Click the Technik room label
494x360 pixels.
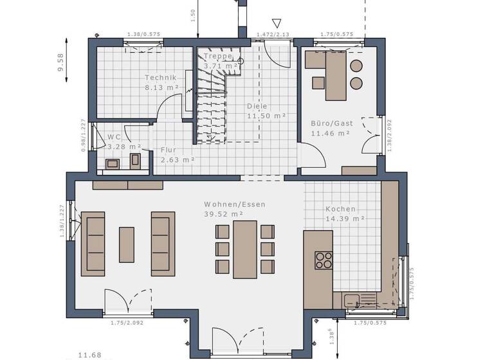tap(160, 78)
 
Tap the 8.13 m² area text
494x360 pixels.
tap(161, 87)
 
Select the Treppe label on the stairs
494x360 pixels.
tap(218, 57)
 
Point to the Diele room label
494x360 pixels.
tap(257, 107)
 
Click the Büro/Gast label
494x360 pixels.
tap(332, 123)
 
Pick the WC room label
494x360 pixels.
tap(114, 137)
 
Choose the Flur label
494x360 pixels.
tap(169, 150)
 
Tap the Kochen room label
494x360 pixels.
tap(340, 209)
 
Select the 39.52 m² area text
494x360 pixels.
tap(224, 214)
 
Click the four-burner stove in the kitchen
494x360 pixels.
tap(323, 260)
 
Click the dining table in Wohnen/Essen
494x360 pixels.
tap(244, 249)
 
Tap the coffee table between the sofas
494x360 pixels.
tap(127, 244)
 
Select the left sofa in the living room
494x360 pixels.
tap(93, 244)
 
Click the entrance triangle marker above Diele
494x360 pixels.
tap(277, 23)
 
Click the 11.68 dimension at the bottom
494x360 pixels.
tap(89, 354)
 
